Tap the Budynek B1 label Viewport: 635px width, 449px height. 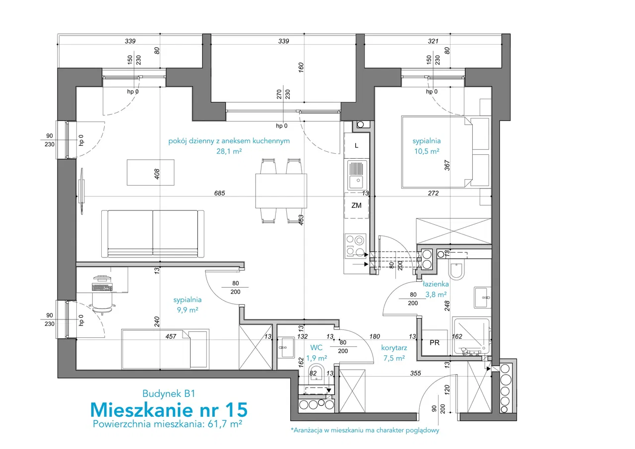(x=169, y=394)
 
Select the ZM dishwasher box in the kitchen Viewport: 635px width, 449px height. (x=356, y=205)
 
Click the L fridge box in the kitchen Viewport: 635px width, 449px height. (x=356, y=146)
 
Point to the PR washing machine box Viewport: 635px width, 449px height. (x=434, y=343)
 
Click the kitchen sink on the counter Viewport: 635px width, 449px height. (x=357, y=175)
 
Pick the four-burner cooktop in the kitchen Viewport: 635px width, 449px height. (x=356, y=246)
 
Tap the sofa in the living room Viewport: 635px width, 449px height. (x=153, y=234)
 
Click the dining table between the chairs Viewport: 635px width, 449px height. (x=281, y=191)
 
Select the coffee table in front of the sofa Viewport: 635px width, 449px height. (x=150, y=172)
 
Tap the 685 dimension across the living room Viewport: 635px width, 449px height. (x=219, y=193)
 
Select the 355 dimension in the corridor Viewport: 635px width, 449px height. (x=415, y=373)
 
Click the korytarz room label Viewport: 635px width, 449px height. (x=394, y=347)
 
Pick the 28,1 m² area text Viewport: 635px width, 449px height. (x=229, y=151)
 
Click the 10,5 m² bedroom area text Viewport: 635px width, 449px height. (x=427, y=151)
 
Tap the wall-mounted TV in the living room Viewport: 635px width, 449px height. (x=82, y=192)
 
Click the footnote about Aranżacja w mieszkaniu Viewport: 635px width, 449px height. (x=365, y=430)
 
